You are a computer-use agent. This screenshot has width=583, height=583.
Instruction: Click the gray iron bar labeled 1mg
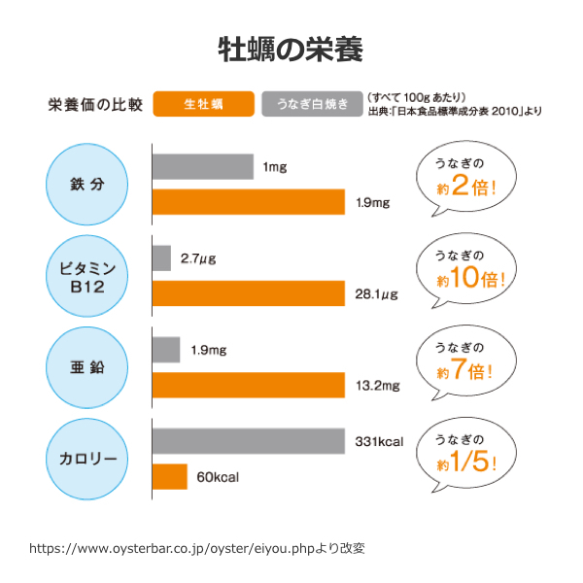[x=202, y=167]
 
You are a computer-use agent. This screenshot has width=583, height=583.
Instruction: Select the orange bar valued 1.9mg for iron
[x=249, y=202]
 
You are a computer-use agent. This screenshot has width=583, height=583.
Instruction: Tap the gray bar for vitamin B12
[x=161, y=258]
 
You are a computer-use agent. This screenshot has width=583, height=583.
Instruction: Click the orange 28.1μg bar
[x=249, y=292]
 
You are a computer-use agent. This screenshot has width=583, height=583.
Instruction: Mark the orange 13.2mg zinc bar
[x=249, y=385]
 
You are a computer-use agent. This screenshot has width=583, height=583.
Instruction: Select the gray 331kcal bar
[x=249, y=442]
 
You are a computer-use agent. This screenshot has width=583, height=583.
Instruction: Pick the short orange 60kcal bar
[x=169, y=477]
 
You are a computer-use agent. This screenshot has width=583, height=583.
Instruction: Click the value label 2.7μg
[x=197, y=258]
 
